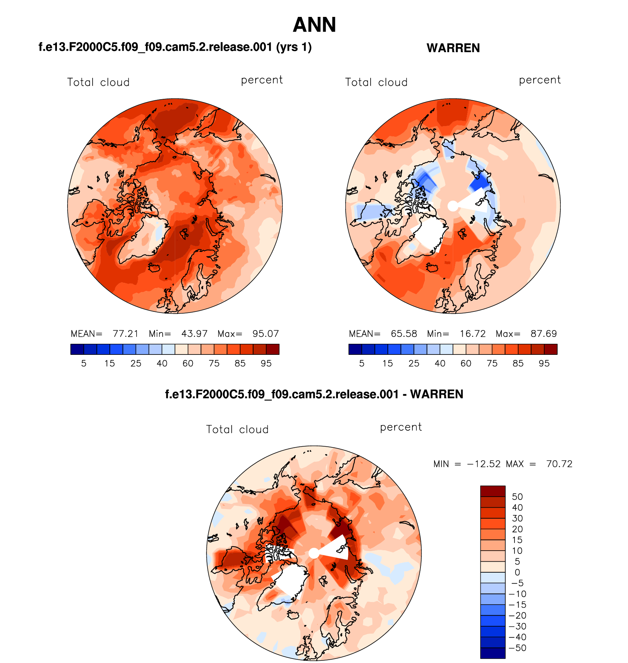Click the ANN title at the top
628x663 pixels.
(x=314, y=25)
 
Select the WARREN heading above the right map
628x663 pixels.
(x=453, y=48)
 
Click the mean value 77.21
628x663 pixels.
(x=125, y=334)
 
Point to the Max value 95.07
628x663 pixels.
(x=266, y=334)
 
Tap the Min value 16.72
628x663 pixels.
(x=473, y=334)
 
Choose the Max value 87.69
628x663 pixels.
(x=544, y=334)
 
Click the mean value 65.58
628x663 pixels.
(x=404, y=334)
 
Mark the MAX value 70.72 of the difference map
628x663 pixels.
(x=559, y=464)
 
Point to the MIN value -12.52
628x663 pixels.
(x=484, y=464)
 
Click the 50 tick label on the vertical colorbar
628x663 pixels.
(x=517, y=497)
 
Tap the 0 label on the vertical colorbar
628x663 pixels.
(x=517, y=572)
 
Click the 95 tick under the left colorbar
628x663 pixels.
(x=266, y=363)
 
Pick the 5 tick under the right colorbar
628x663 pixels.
(x=362, y=363)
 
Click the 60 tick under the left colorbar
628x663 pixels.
(x=188, y=363)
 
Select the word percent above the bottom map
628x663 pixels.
(x=401, y=427)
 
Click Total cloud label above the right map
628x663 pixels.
(x=376, y=82)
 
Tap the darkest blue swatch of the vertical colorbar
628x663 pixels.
(x=492, y=653)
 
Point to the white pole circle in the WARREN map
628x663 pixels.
(x=453, y=206)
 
